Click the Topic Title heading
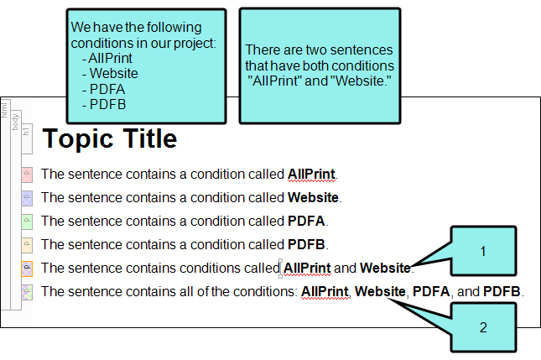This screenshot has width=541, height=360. (110, 138)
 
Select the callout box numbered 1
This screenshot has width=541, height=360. (483, 251)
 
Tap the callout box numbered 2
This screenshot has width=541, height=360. (483, 327)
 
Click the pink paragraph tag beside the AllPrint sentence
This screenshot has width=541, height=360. (27, 175)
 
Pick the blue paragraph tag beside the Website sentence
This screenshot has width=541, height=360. (27, 198)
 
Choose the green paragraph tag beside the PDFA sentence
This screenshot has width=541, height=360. (27, 222)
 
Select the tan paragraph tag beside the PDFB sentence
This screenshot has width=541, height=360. (27, 245)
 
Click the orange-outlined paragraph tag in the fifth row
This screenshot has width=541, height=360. (27, 269)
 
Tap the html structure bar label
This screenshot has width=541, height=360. (4, 110)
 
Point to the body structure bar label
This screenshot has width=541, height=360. (15, 122)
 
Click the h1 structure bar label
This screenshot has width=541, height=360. (26, 131)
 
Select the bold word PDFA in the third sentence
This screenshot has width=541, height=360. (306, 221)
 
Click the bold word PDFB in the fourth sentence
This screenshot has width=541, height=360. (306, 244)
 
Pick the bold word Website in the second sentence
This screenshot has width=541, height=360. (313, 197)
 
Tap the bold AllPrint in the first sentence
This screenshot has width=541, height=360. (311, 175)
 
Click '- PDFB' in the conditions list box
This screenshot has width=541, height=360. (104, 104)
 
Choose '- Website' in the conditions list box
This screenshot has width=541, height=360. (110, 73)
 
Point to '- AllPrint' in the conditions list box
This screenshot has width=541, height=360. (107, 58)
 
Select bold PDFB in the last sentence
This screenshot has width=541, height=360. (502, 291)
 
